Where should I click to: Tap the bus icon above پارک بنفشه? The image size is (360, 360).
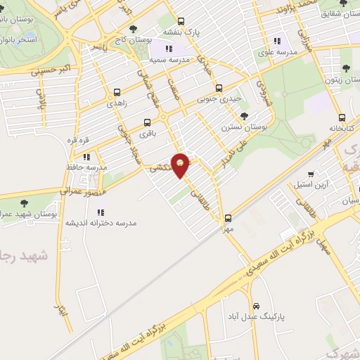(x=181, y=21)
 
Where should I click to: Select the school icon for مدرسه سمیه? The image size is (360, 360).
(x=168, y=48)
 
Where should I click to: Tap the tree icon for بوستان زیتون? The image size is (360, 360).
(x=345, y=68)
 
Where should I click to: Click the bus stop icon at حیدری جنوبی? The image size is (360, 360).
(x=219, y=88)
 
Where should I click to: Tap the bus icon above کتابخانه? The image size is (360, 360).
(x=342, y=117)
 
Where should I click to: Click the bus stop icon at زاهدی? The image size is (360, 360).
(x=117, y=91)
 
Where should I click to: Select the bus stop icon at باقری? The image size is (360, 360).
(x=148, y=121)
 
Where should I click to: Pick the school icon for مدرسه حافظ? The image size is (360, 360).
(x=86, y=157)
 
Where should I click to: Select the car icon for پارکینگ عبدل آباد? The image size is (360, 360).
(x=257, y=307)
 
